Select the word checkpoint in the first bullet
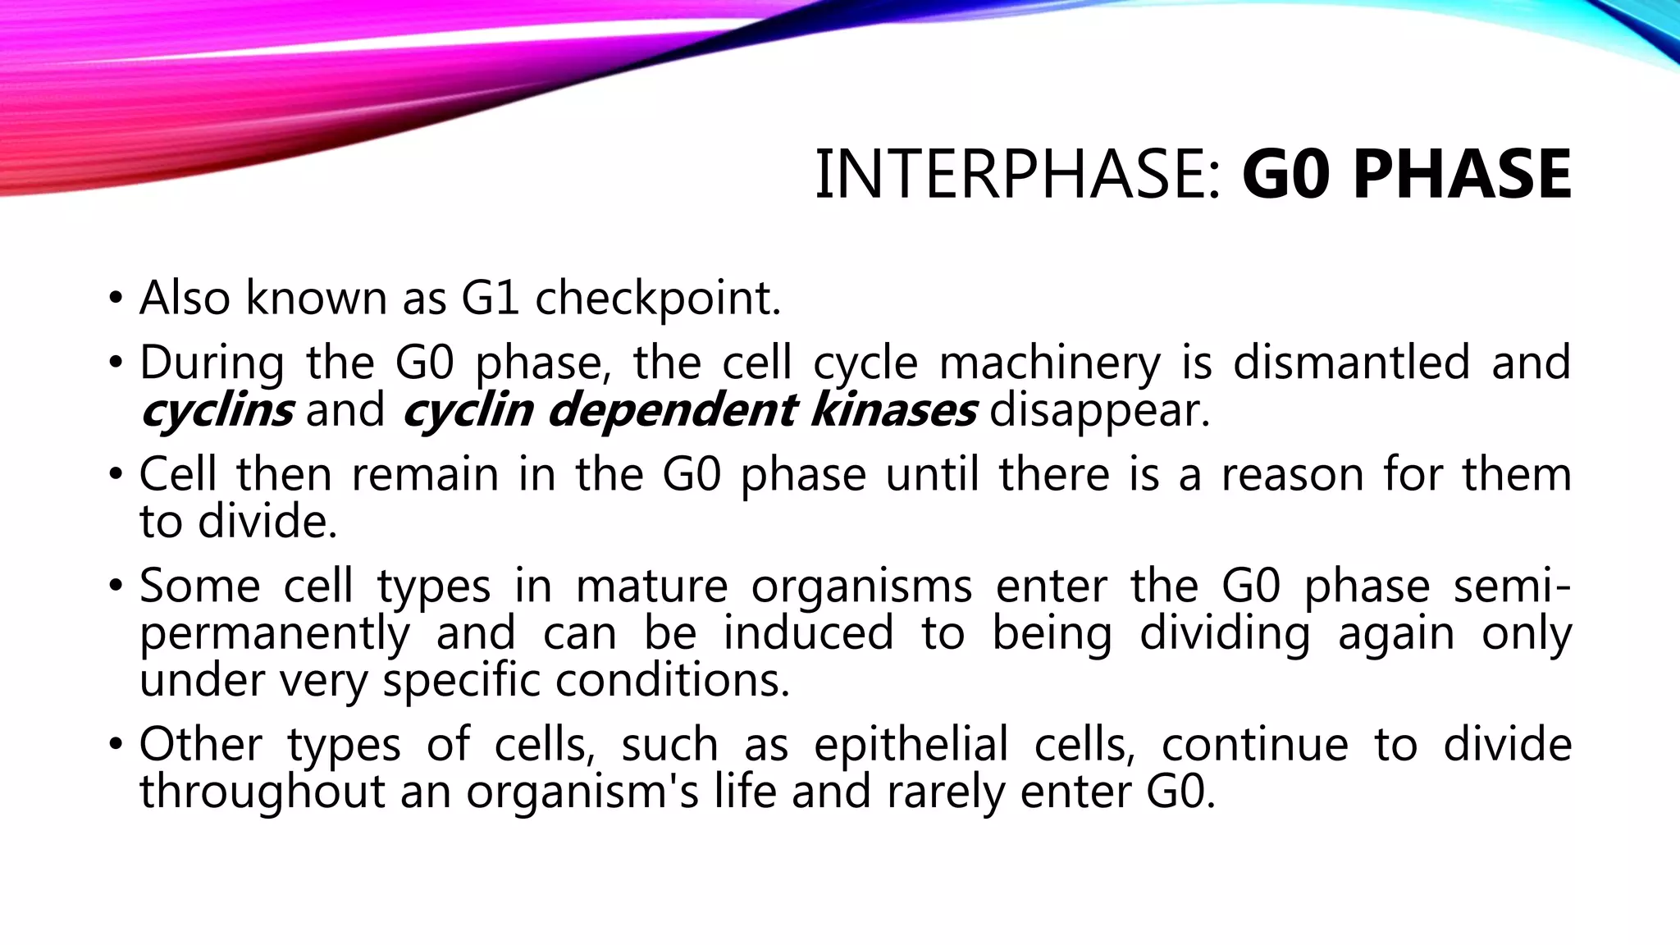tap(658, 299)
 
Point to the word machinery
tap(1050, 363)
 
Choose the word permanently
tap(275, 635)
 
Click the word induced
tap(808, 633)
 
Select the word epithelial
tap(911, 745)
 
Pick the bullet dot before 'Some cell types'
tap(116, 587)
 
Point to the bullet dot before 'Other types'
tap(116, 745)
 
